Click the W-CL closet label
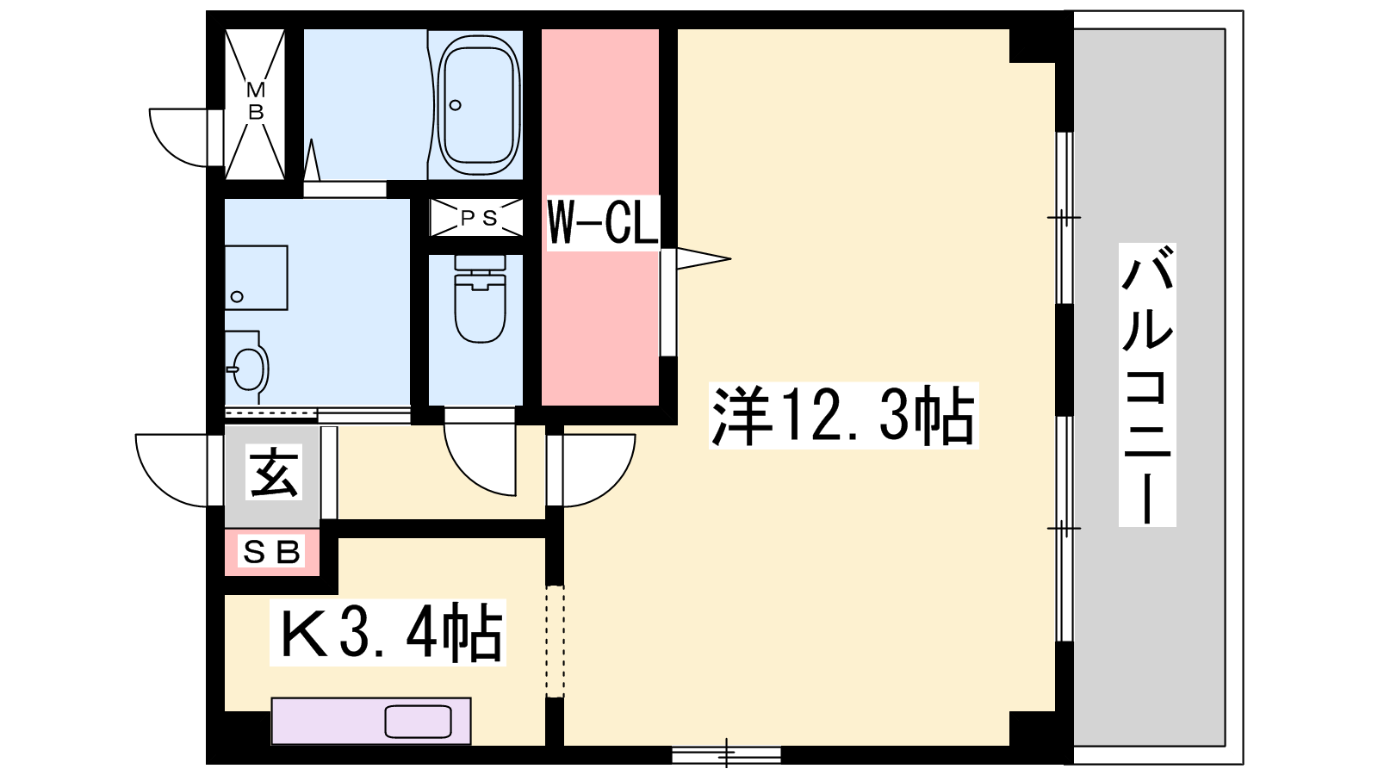pyautogui.click(x=603, y=223)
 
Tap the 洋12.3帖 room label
pyautogui.click(x=843, y=416)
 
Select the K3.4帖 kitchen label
pyautogui.click(x=388, y=632)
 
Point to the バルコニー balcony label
pyautogui.click(x=1147, y=385)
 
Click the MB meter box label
pyautogui.click(x=255, y=102)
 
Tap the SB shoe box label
pyautogui.click(x=271, y=552)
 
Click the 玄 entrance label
pyautogui.click(x=274, y=473)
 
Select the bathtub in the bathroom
pyautogui.click(x=478, y=103)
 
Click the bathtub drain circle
pyautogui.click(x=456, y=105)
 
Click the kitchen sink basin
pyautogui.click(x=419, y=722)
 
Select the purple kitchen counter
pyautogui.click(x=371, y=721)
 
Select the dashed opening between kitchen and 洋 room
pyautogui.click(x=555, y=642)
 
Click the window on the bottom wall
pyautogui.click(x=727, y=754)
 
